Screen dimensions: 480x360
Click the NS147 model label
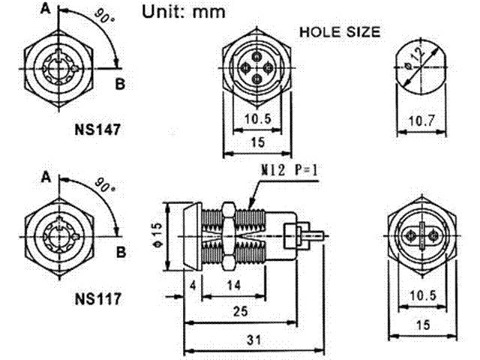[x=97, y=130]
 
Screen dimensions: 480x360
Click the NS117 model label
[x=98, y=298]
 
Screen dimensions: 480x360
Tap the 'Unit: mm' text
[x=184, y=12]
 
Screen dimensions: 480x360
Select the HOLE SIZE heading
[x=340, y=32]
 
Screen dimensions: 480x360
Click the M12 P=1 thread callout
[x=289, y=170]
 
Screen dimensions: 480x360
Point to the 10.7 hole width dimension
[x=421, y=121]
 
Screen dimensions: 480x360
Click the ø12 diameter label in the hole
[x=415, y=59]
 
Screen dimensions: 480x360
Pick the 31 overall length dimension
[x=253, y=340]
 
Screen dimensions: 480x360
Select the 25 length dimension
[x=240, y=311]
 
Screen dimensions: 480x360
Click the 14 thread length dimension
[x=234, y=285]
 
